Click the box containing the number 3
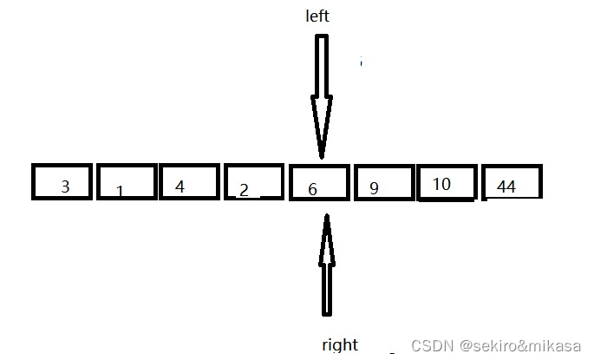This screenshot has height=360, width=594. click(x=62, y=181)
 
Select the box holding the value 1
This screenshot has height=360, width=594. click(x=127, y=181)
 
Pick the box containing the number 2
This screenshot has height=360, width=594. click(x=254, y=181)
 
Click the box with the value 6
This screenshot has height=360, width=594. click(x=318, y=182)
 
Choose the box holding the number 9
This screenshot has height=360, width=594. click(x=382, y=182)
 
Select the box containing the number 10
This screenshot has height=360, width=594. click(x=447, y=182)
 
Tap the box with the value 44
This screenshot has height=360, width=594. click(x=512, y=182)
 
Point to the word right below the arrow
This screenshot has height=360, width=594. click(x=340, y=344)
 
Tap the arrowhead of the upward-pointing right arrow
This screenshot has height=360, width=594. click(x=327, y=239)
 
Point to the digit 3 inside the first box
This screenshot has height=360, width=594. click(x=65, y=186)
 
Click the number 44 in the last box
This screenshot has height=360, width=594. click(x=506, y=187)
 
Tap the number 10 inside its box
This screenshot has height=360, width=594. click(x=441, y=184)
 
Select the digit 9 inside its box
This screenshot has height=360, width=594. click(x=374, y=187)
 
